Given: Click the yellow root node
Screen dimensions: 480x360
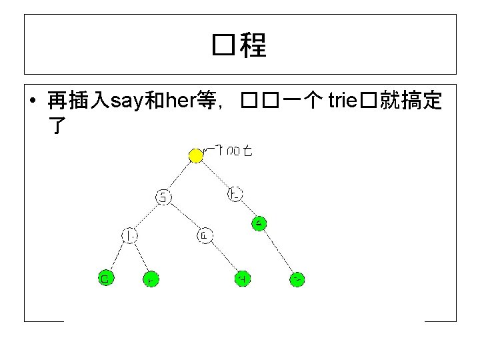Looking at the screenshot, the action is tap(195, 155).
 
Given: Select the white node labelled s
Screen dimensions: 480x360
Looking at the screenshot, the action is tap(163, 197).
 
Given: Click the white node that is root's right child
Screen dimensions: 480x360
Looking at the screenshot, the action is tap(235, 195).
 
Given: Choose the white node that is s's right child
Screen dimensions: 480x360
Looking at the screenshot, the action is tap(205, 235).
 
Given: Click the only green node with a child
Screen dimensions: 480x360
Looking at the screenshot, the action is tap(259, 224).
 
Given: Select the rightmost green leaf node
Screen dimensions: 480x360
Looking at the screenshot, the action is tap(298, 279).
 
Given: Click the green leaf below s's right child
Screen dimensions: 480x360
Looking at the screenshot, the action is tap(243, 279).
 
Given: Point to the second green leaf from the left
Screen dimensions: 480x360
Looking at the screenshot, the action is tap(151, 279).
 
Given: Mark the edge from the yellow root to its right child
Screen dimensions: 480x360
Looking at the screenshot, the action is tap(215, 175).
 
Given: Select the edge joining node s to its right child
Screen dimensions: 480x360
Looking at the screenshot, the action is tap(185, 216).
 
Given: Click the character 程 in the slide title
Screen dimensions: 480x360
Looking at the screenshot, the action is tap(253, 45).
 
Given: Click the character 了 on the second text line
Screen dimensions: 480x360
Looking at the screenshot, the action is tap(55, 125).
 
